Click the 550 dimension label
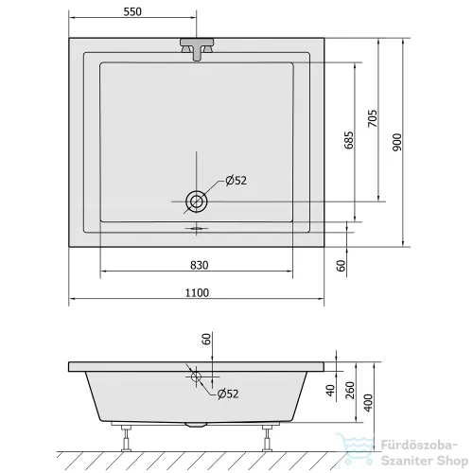tap(132, 11)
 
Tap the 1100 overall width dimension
tap(197, 292)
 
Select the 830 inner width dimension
tap(200, 265)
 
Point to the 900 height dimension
tap(398, 142)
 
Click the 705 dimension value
tap(373, 118)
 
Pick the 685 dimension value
tap(349, 140)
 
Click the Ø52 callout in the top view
tap(236, 181)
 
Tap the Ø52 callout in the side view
tap(228, 394)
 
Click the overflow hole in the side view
tap(196, 377)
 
